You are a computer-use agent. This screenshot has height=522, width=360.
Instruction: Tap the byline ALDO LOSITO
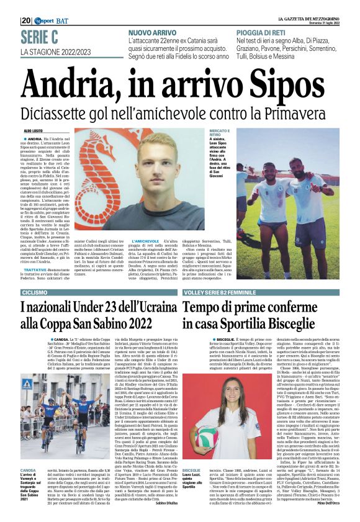pyautogui.click(x=34, y=131)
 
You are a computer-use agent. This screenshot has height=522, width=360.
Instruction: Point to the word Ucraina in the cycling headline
pyautogui.click(x=149, y=307)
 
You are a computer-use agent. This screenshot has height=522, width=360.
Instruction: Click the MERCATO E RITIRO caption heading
pyautogui.click(x=219, y=134)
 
